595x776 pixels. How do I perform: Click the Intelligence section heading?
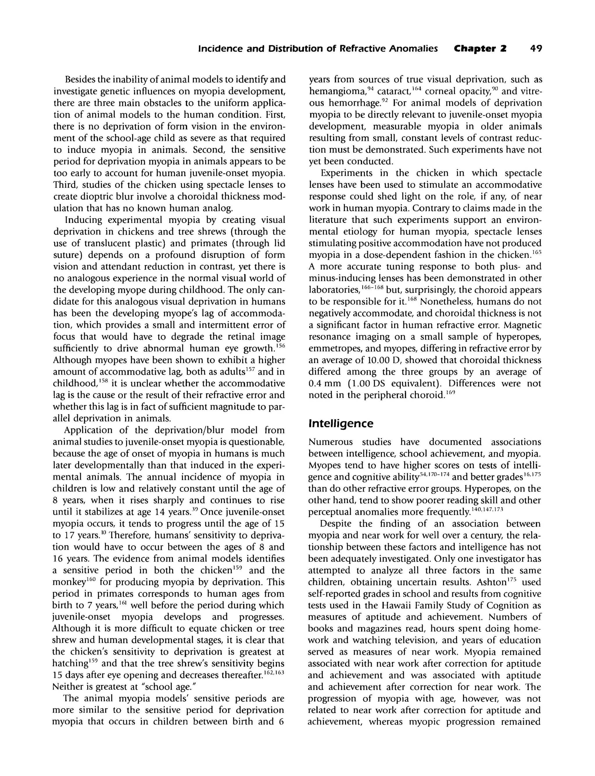[341, 424]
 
